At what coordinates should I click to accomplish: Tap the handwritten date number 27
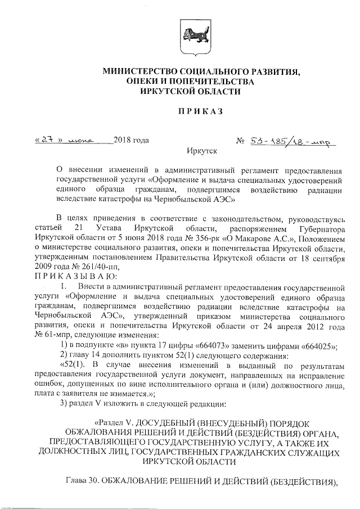click(x=47, y=139)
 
